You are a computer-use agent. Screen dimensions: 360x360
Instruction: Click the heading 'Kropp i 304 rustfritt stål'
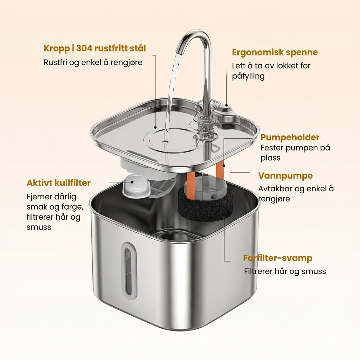click(x=95, y=49)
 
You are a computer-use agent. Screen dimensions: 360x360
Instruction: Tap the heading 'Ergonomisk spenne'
click(x=275, y=53)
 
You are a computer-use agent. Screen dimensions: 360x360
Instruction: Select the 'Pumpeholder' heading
click(x=290, y=137)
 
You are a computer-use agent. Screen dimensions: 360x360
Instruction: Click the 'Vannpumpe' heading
click(x=285, y=176)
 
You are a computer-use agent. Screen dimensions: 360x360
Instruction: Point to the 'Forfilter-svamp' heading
click(x=278, y=258)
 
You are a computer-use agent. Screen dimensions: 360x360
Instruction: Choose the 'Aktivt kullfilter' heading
click(x=59, y=183)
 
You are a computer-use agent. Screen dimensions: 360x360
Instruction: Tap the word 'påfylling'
click(x=248, y=76)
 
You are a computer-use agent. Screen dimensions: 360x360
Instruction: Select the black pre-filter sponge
click(x=204, y=207)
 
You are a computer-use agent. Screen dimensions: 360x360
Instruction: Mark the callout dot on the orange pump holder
click(x=223, y=165)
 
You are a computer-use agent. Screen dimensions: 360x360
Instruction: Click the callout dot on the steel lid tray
click(x=155, y=127)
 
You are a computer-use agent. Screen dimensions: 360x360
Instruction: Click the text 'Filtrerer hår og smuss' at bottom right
click(x=285, y=271)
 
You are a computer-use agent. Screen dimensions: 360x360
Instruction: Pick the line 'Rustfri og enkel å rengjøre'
click(x=93, y=63)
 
